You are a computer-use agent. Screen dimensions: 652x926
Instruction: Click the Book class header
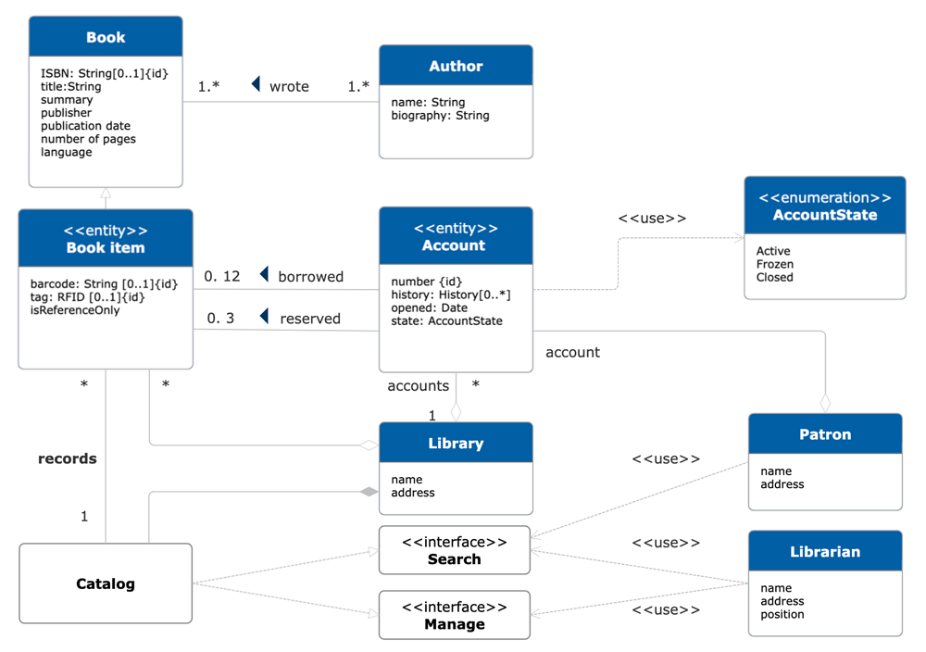(106, 37)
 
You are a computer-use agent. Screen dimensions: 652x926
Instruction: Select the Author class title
(456, 67)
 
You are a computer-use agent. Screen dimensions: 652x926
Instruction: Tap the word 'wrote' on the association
(289, 86)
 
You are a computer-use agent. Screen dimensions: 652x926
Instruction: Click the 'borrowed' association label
(310, 276)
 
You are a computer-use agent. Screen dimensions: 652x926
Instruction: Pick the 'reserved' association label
(310, 319)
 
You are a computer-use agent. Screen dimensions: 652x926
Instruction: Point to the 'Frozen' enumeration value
(775, 264)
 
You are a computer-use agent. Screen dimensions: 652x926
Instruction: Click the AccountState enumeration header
(824, 207)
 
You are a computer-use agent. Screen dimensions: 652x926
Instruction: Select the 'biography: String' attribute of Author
(440, 116)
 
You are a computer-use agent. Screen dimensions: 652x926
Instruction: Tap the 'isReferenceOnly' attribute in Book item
(73, 310)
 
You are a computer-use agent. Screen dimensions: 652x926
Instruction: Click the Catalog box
(106, 583)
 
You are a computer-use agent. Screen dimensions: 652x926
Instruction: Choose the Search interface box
(454, 550)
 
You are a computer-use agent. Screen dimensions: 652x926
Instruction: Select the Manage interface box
(454, 615)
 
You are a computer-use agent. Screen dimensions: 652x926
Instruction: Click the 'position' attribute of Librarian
(782, 614)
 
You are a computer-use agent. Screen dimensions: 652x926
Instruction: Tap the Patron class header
(824, 434)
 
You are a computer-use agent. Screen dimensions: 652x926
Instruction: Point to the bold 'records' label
(67, 458)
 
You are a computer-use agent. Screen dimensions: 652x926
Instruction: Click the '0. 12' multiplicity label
(222, 276)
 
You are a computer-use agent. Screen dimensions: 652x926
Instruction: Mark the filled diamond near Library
(369, 492)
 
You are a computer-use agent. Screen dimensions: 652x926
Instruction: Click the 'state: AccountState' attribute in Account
(446, 320)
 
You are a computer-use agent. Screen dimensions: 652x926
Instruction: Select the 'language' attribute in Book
(66, 152)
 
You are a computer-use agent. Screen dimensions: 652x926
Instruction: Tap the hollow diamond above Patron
(825, 403)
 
